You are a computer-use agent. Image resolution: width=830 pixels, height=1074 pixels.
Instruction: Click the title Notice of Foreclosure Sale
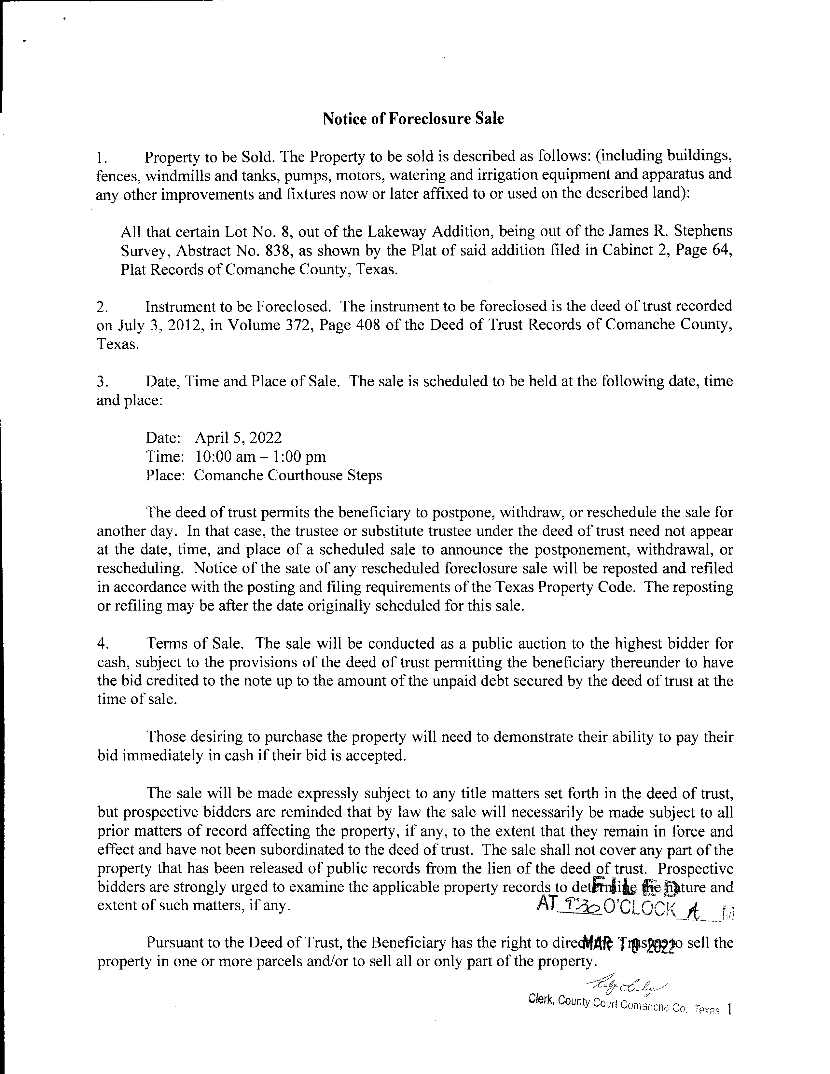(413, 118)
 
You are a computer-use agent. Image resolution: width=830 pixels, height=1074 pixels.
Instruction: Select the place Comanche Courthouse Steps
(288, 475)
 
